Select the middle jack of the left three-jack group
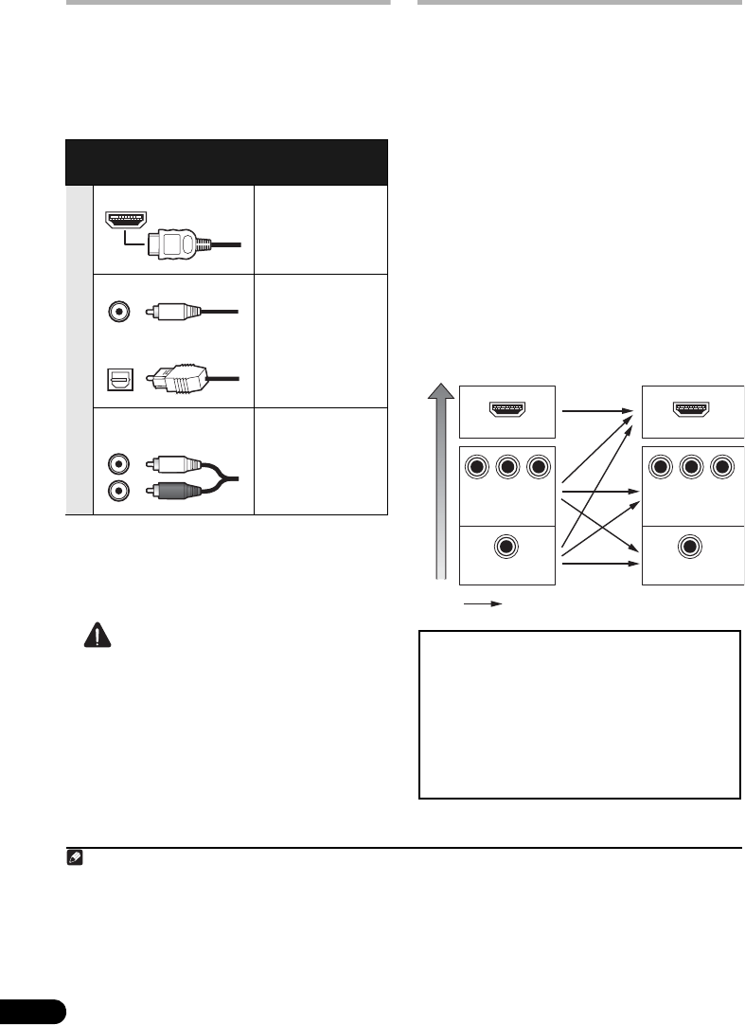(506, 465)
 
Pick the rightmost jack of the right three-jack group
(722, 465)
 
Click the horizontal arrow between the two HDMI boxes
(595, 411)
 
